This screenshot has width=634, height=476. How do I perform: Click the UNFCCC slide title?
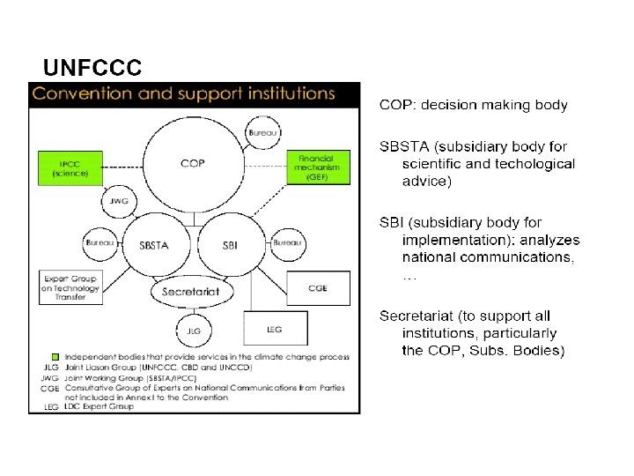pyautogui.click(x=92, y=68)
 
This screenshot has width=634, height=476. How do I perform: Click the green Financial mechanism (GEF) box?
pyautogui.click(x=318, y=165)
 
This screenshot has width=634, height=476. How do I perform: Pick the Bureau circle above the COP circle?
pyautogui.click(x=262, y=131)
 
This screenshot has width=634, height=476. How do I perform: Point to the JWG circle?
pyautogui.click(x=119, y=201)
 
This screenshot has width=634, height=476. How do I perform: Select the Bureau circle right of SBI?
pyautogui.click(x=287, y=242)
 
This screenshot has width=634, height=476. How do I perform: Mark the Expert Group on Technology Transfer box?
pyautogui.click(x=71, y=287)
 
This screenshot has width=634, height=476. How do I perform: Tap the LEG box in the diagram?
pyautogui.click(x=274, y=330)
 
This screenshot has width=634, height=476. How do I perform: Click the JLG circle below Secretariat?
pyautogui.click(x=195, y=331)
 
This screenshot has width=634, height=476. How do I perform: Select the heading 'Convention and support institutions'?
pyautogui.click(x=183, y=93)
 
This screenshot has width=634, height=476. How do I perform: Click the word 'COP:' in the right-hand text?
pyautogui.click(x=397, y=105)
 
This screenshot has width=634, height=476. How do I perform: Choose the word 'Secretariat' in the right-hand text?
pyautogui.click(x=417, y=316)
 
